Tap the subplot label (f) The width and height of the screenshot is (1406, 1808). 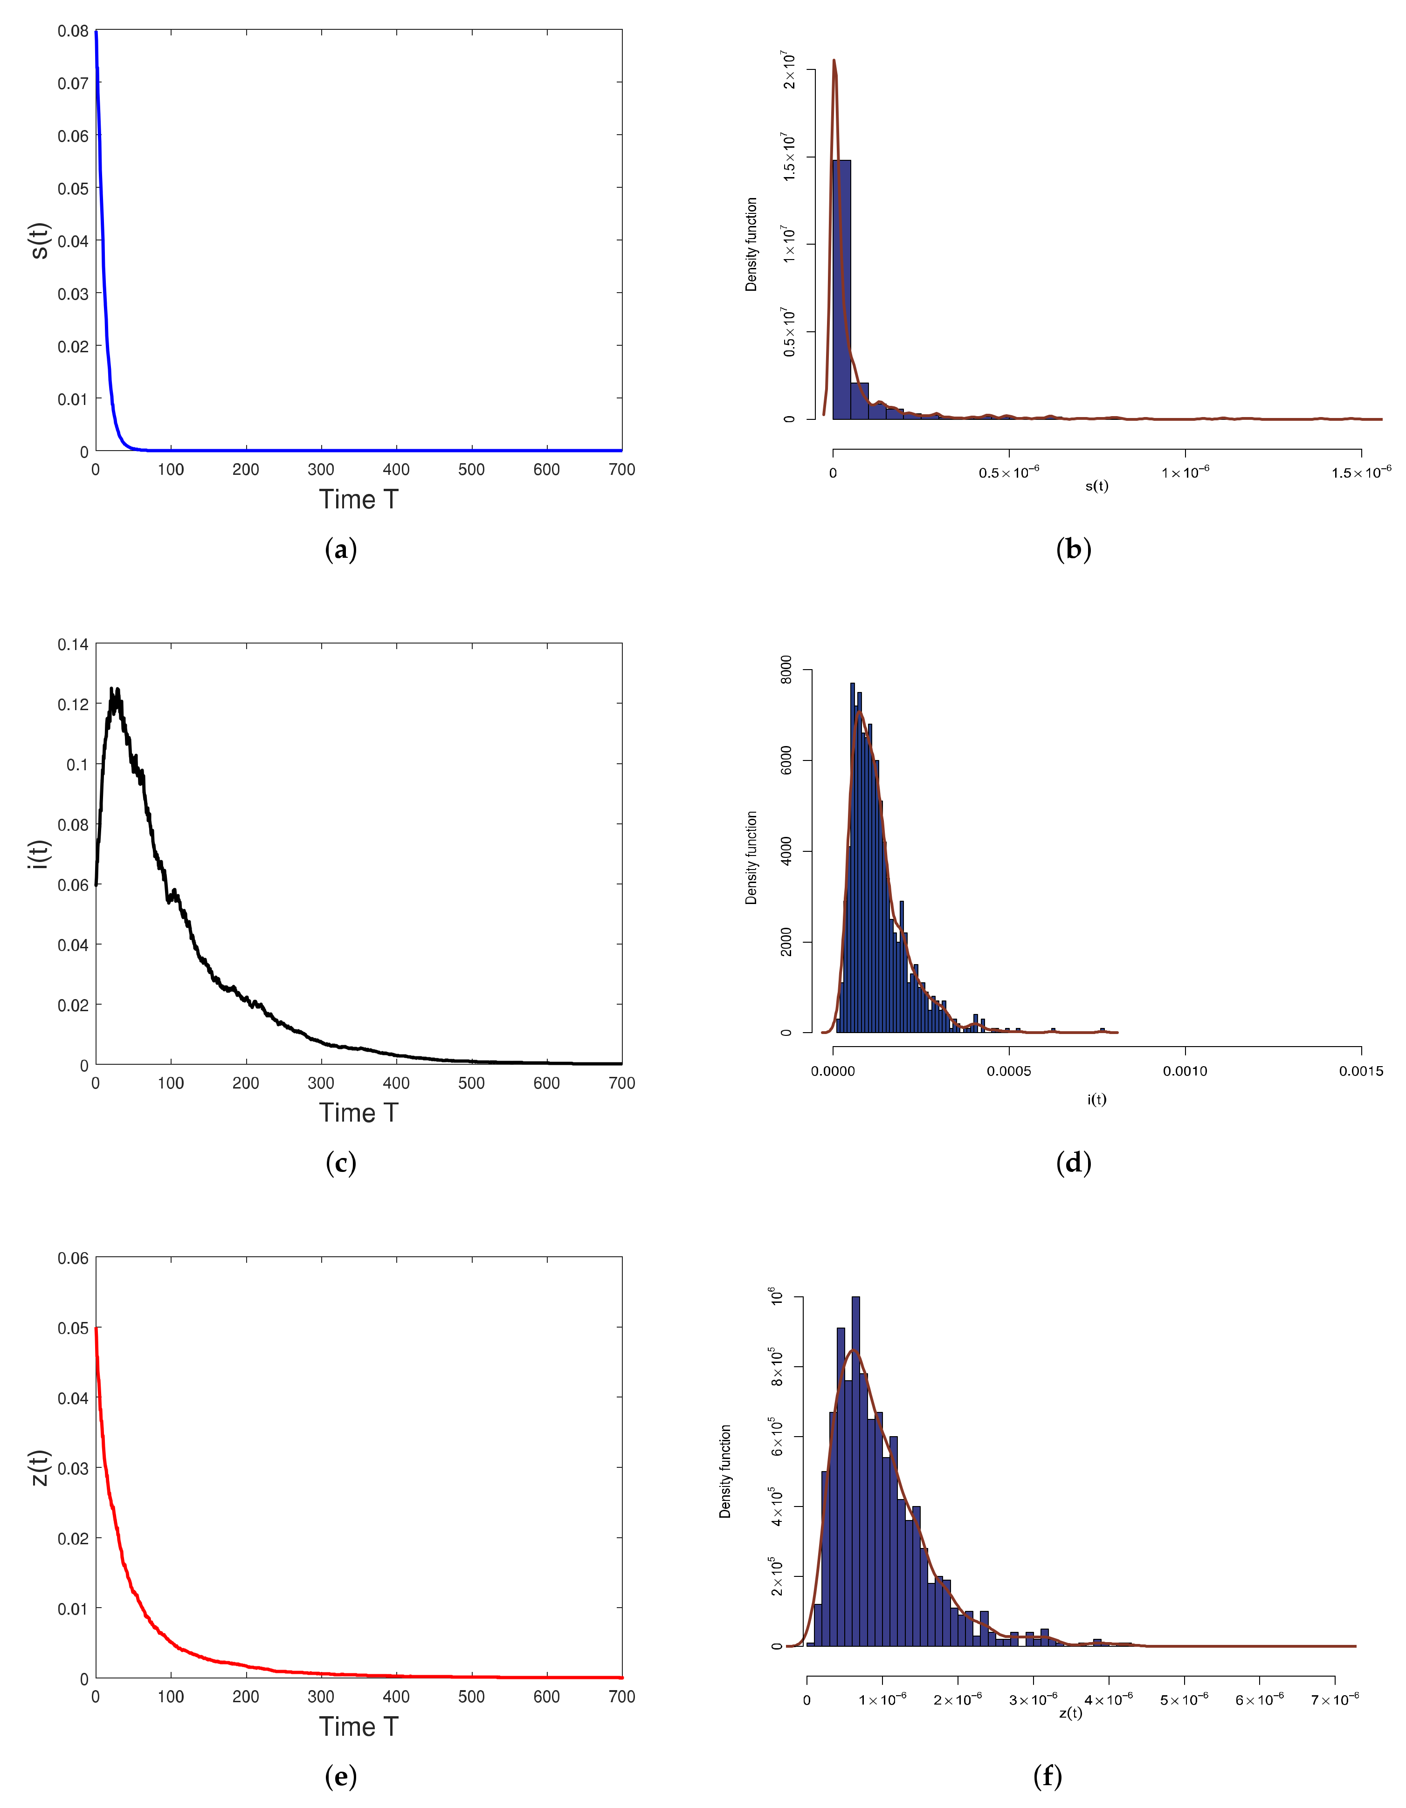tap(1048, 1776)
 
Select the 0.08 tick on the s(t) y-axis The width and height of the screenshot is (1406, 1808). tap(73, 32)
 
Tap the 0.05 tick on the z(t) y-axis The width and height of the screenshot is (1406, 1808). tap(73, 1329)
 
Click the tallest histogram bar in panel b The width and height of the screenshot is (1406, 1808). tap(841, 290)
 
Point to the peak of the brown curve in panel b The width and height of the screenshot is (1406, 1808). tap(834, 61)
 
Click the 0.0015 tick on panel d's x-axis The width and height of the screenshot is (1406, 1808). tap(1360, 1071)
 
